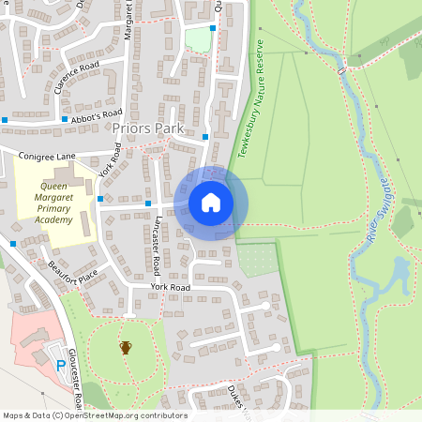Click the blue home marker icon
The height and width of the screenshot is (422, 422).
[211, 203]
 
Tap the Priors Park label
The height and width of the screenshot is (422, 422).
[147, 128]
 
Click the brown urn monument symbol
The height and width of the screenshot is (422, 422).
[126, 348]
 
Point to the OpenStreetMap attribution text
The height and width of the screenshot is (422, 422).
[95, 415]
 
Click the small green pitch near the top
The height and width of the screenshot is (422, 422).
[197, 39]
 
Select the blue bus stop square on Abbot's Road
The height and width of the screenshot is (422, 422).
[64, 119]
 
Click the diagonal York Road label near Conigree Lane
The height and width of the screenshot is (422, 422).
[110, 160]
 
